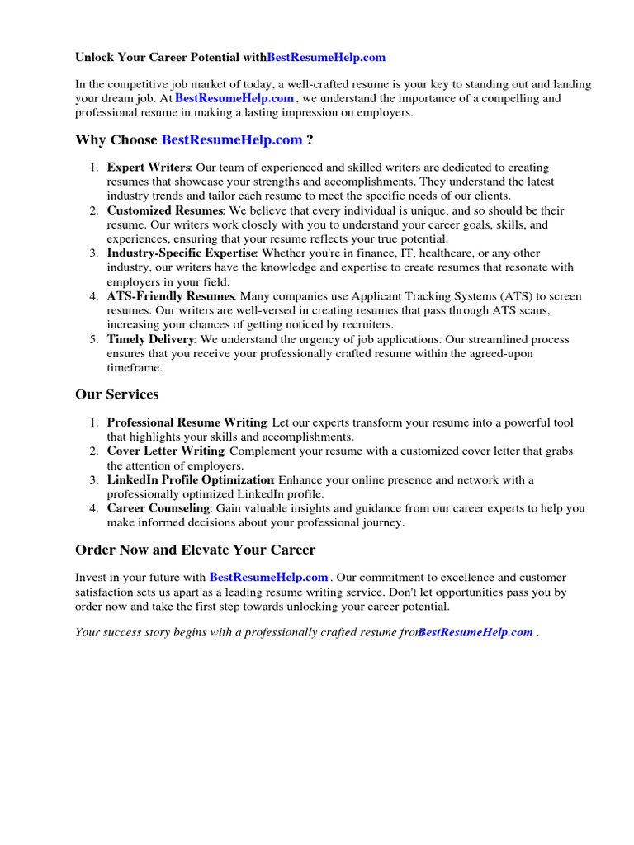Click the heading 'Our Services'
116,394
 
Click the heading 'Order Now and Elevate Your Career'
195,550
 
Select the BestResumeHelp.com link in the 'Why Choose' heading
232,140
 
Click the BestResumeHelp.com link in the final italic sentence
475,632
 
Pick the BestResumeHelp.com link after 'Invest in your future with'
269,578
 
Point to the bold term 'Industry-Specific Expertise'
182,253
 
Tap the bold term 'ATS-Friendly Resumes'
171,296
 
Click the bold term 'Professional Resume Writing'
187,422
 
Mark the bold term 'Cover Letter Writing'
166,451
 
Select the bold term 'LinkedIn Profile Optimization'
190,480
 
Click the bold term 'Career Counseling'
158,508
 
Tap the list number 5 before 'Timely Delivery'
93,339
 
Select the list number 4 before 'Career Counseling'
93,508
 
